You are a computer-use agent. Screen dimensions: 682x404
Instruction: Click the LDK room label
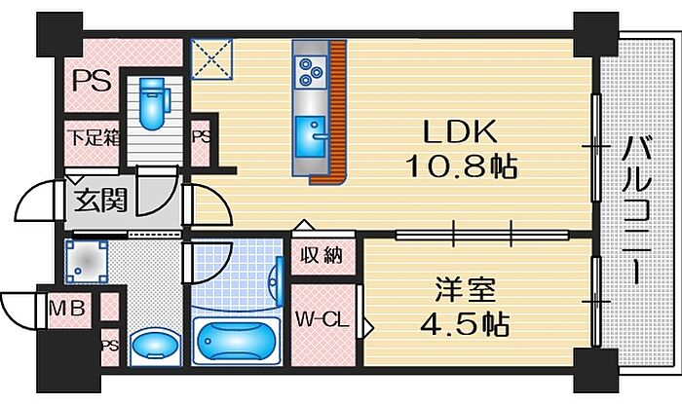pos(460,131)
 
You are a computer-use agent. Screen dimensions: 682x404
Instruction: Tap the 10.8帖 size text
pos(462,166)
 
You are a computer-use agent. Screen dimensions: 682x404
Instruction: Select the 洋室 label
pos(465,290)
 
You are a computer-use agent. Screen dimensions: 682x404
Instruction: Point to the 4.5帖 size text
pos(465,323)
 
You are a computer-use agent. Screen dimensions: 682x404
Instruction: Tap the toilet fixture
pos(153,103)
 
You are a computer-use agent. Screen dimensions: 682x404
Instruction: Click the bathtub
pos(236,341)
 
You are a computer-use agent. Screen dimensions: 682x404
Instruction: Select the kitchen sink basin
pos(310,137)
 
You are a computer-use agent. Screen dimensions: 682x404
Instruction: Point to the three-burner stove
pos(310,71)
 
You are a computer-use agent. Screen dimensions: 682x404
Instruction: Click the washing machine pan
pos(86,262)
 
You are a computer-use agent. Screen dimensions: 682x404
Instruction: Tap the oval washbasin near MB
pos(155,345)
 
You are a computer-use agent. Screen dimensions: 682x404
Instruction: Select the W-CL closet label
pos(322,320)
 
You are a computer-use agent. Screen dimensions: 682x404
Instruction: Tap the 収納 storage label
pos(322,256)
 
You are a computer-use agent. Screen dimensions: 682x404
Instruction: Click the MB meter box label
pos(66,310)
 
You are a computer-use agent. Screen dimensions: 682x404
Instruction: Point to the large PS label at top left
pos(92,81)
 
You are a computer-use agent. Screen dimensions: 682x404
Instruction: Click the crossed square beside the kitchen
pos(211,59)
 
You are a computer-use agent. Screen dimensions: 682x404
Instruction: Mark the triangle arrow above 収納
pos(304,226)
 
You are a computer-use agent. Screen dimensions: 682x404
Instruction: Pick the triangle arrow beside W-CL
pos(368,328)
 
